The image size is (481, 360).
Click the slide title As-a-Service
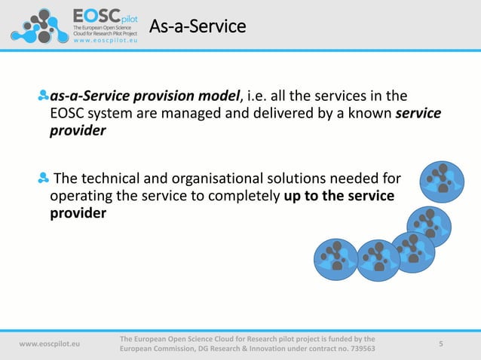coord(198,27)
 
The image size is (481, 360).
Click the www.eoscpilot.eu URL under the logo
coord(105,42)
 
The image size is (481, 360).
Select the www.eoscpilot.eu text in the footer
coord(50,343)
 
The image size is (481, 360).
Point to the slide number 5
coord(441,343)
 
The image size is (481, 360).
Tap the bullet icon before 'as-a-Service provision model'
coord(43,96)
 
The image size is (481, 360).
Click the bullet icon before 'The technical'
coord(43,178)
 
